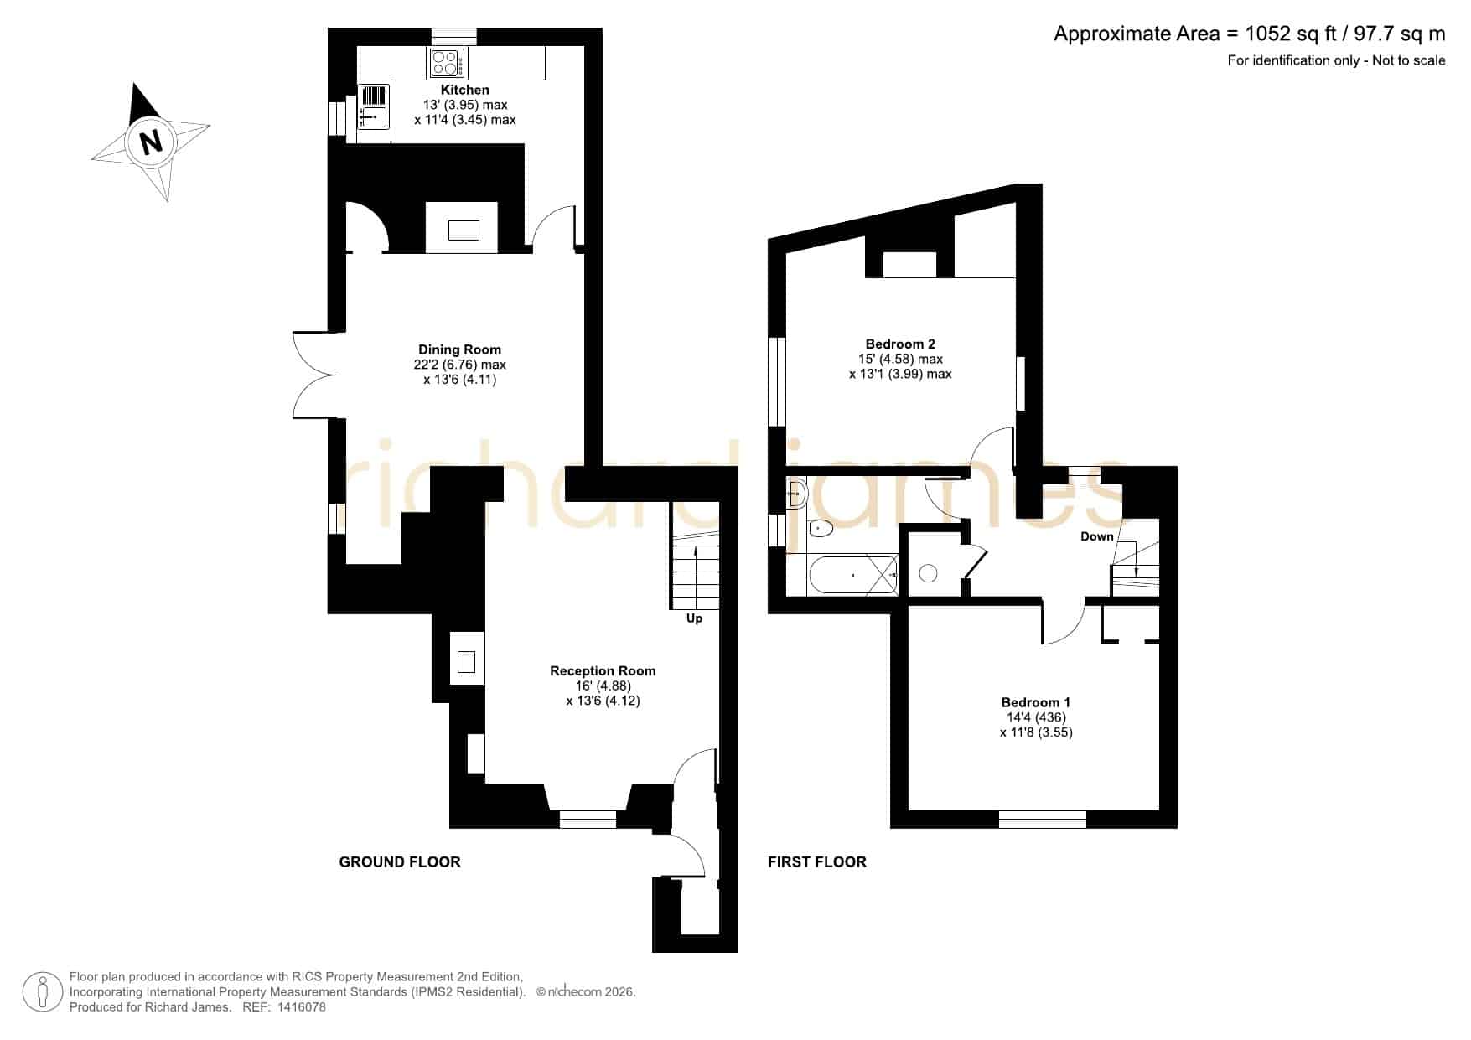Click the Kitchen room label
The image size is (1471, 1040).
465,90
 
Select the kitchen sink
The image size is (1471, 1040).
374,116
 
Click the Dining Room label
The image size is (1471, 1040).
460,349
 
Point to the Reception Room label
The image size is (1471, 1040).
603,670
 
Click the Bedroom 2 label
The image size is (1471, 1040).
900,344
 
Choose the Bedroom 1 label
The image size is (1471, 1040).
1036,702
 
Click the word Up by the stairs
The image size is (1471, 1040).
694,618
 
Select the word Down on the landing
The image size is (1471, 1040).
1097,536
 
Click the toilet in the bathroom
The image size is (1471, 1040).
819,528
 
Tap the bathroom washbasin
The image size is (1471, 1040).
795,494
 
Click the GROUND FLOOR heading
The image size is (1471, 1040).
400,861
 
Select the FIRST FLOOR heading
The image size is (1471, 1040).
817,861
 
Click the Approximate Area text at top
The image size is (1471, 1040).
1250,34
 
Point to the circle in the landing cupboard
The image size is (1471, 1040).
928,573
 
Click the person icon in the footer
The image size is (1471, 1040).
42,992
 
